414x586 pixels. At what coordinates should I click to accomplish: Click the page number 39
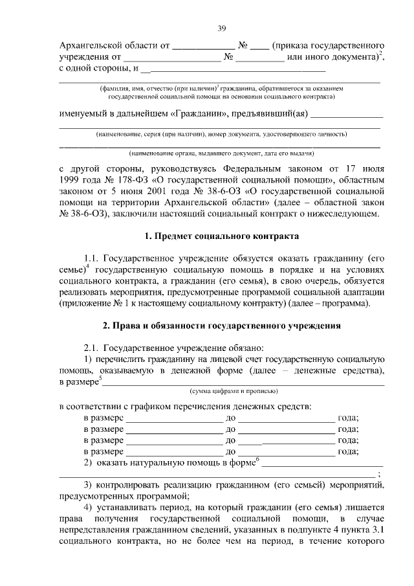click(221, 27)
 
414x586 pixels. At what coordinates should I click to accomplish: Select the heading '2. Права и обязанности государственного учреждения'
click(221, 324)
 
